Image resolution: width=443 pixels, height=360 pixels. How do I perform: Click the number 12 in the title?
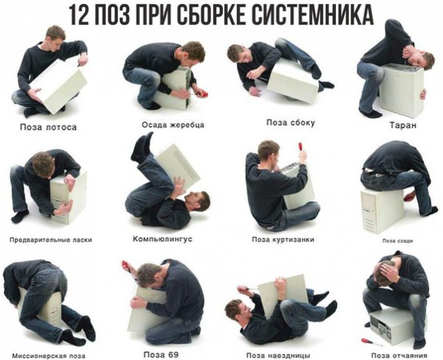tap(78, 15)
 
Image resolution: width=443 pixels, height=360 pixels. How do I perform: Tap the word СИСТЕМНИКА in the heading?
tap(312, 15)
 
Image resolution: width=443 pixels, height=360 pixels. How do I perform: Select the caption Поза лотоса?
tap(48, 127)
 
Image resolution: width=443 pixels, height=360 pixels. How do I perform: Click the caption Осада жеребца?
tap(173, 125)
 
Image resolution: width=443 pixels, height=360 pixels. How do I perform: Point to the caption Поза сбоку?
tap(290, 122)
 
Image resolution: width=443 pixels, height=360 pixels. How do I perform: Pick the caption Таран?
tap(403, 125)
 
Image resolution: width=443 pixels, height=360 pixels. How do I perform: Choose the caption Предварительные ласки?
tap(51, 240)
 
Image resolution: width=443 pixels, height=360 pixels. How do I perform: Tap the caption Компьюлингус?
tap(162, 239)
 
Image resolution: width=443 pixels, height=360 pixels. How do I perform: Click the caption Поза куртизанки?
tap(283, 240)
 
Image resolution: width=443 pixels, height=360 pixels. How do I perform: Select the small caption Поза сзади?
tap(397, 240)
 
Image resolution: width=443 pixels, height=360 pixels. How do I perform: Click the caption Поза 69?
tap(161, 354)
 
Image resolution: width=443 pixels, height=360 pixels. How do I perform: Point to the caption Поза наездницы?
tap(278, 355)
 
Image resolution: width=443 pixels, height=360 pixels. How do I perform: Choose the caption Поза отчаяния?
tap(399, 355)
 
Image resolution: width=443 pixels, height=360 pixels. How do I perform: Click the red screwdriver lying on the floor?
tap(371, 342)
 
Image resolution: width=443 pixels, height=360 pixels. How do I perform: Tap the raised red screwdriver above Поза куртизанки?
tap(300, 148)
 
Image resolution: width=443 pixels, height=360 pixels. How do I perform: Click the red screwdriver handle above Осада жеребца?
tap(203, 93)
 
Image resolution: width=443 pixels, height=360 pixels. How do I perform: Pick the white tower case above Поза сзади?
tap(382, 211)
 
